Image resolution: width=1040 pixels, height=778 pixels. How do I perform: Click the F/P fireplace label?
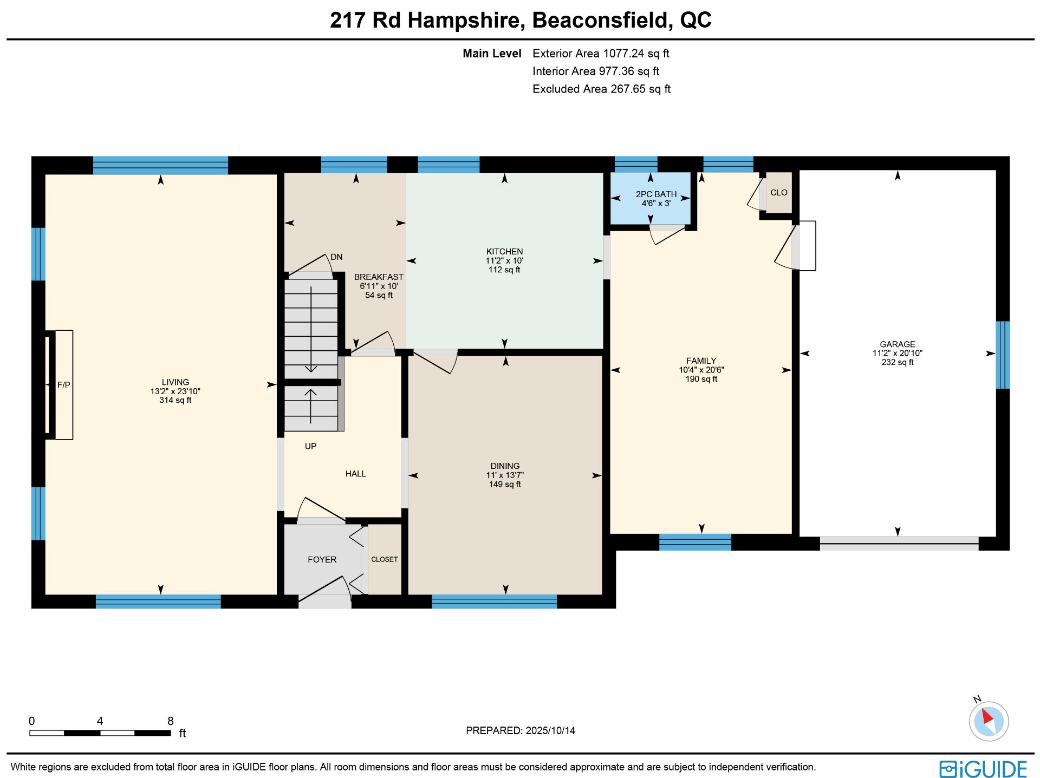(x=64, y=385)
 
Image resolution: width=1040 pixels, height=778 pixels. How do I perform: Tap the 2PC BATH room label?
(x=656, y=194)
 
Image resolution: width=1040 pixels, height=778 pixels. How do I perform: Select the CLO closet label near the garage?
(x=779, y=193)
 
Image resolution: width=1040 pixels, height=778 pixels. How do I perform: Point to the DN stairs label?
(x=336, y=257)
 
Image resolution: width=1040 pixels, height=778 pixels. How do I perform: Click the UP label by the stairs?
(x=310, y=447)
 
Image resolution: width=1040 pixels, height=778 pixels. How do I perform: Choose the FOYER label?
(x=322, y=560)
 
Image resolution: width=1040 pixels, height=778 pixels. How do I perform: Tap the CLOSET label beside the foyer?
(x=385, y=559)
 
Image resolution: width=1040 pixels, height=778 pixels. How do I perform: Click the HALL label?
(x=356, y=474)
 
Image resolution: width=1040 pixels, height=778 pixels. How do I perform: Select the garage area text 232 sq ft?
(x=898, y=362)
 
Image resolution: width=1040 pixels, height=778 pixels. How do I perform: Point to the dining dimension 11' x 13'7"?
(x=505, y=475)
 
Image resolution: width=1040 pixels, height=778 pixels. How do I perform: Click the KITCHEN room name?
(x=505, y=252)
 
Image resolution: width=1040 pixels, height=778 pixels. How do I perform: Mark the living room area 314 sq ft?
(x=175, y=400)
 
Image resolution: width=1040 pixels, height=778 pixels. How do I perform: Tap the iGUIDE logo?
(x=983, y=769)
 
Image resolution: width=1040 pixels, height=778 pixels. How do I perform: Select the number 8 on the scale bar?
(x=171, y=721)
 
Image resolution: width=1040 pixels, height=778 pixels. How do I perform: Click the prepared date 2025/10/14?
(x=550, y=731)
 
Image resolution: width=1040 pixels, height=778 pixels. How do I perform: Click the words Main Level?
(x=492, y=54)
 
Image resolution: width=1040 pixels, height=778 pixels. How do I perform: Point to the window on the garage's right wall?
(x=1003, y=355)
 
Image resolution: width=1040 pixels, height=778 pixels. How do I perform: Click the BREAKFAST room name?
(x=379, y=277)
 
